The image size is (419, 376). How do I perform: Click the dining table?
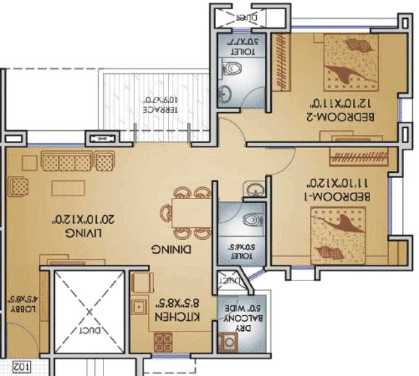[x=190, y=214]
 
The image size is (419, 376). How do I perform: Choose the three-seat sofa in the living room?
[x=78, y=161]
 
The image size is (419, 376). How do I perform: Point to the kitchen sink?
[x=138, y=307]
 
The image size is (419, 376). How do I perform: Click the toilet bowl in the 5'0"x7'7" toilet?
[x=233, y=66]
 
